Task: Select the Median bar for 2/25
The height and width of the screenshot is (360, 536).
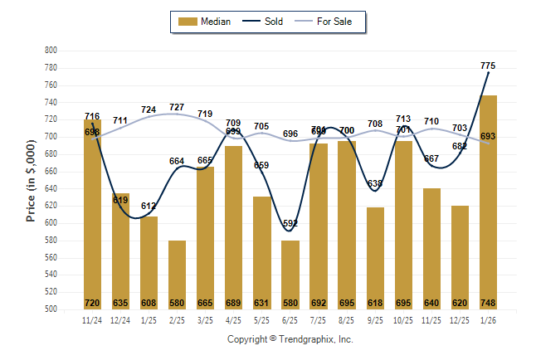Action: (177, 275)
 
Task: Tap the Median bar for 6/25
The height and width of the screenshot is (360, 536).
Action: (290, 275)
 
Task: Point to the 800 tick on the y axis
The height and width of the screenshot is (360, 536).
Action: (50, 51)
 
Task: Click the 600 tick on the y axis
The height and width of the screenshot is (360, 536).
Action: (50, 223)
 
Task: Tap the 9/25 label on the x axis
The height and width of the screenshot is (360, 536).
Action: (374, 319)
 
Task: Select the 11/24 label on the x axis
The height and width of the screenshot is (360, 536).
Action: (92, 319)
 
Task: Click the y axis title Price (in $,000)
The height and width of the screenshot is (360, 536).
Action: (31, 179)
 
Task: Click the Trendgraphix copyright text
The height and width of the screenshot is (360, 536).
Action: (290, 339)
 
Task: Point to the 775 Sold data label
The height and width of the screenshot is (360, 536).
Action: (488, 66)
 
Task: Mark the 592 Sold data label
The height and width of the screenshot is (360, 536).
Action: (290, 223)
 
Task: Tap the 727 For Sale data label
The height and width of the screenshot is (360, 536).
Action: (177, 108)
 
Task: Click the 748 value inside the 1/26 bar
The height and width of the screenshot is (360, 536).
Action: (488, 302)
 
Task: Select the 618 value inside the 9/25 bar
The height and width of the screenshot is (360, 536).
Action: (374, 302)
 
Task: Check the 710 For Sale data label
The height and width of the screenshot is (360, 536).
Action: (431, 122)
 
